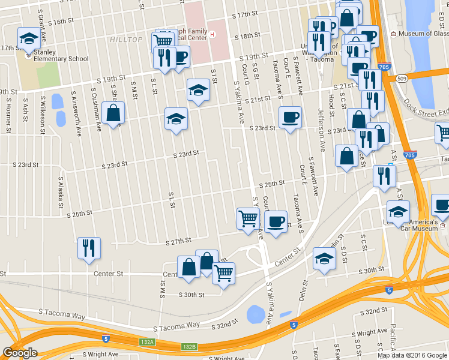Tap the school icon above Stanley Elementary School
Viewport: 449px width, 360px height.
pyautogui.click(x=28, y=39)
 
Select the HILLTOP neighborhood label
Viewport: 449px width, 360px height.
pyautogui.click(x=126, y=40)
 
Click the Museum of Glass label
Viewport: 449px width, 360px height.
pyautogui.click(x=421, y=34)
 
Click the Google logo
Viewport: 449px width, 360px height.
pyautogui.click(x=20, y=353)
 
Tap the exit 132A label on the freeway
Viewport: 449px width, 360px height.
pyautogui.click(x=147, y=342)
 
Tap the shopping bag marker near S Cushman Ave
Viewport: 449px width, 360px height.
pyautogui.click(x=113, y=113)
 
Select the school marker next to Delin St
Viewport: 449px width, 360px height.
pyautogui.click(x=324, y=259)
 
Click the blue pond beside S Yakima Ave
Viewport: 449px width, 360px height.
pyautogui.click(x=255, y=313)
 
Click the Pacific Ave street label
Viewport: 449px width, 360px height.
pyautogui.click(x=391, y=338)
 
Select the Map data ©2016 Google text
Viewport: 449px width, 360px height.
pyautogui.click(x=411, y=355)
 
